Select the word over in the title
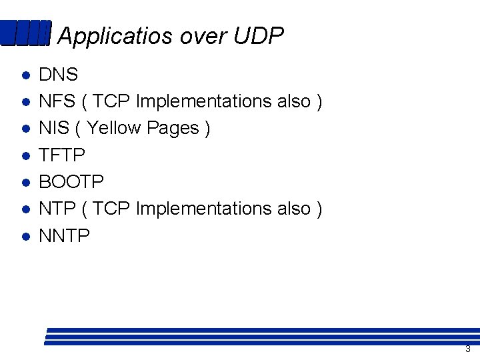pos(193,37)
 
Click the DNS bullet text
pos(59,75)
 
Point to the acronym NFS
pos(57,101)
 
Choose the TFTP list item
pos(62,155)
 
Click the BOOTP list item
pos(72,182)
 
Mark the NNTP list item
pos(65,235)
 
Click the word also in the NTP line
pos(293,209)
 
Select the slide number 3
pos(468,349)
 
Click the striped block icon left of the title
pos(25,33)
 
